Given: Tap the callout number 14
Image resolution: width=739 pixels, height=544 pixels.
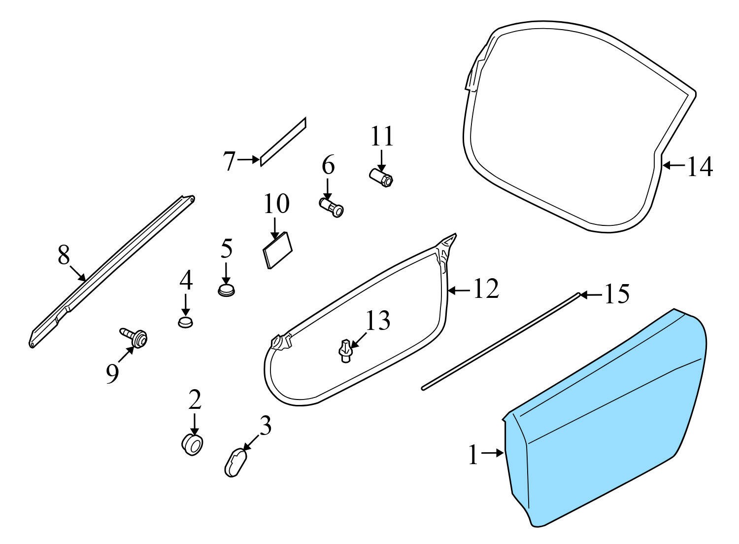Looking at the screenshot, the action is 700,166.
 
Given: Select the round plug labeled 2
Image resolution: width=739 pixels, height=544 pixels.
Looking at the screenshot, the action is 192,445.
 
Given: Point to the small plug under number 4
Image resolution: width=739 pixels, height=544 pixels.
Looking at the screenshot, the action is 185,322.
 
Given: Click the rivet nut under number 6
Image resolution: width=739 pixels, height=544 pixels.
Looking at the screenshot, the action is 332,207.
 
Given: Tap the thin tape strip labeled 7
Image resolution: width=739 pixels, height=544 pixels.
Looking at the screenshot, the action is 283,142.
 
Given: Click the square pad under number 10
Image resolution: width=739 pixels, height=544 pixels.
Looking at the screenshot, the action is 277,251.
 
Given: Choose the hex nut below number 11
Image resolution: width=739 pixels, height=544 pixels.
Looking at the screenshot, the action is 381,178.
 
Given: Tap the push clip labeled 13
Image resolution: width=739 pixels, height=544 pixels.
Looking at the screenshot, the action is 345,352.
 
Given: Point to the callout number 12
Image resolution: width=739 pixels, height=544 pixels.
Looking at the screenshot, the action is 486,289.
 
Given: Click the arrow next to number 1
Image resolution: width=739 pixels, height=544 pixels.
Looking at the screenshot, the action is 493,453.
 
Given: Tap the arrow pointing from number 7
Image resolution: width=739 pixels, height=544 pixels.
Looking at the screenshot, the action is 248,160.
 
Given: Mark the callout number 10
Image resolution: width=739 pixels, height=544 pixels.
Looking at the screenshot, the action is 276,204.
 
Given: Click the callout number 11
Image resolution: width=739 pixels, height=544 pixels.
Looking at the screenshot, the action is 382,136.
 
